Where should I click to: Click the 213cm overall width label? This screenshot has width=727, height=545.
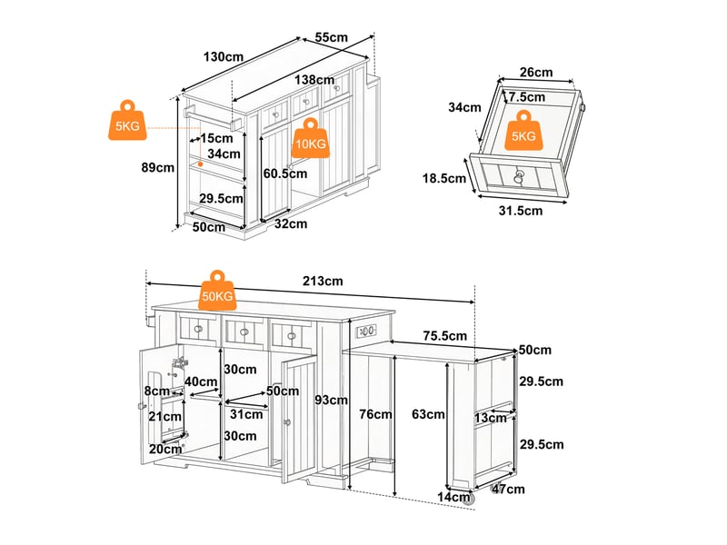point(323,281)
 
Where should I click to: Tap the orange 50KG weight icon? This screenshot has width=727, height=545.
point(217,291)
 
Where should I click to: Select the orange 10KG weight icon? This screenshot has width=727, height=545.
point(311,138)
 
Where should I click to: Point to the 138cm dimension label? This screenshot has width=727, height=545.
point(314,80)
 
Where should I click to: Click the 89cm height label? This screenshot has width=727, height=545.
point(157,167)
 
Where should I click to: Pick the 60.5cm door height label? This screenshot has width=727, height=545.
point(285,173)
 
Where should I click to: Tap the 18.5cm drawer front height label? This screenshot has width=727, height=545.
point(443,178)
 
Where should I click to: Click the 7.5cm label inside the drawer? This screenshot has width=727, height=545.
point(527,97)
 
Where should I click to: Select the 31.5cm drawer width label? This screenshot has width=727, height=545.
point(520,211)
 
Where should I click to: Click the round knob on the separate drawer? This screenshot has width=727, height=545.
point(518,174)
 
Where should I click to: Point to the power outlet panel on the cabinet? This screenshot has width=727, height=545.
point(366,332)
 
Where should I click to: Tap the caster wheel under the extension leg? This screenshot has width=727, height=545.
point(468,498)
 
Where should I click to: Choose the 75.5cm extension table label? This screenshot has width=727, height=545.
point(444,335)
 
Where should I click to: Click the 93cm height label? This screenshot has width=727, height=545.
point(331,400)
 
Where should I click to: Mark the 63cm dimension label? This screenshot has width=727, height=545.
point(428,414)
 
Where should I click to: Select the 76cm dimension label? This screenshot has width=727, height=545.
point(375,414)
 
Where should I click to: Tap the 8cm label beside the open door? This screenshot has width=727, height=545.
point(156,391)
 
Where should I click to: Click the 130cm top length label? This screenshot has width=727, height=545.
point(223,57)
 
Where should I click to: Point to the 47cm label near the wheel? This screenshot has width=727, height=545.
point(508,489)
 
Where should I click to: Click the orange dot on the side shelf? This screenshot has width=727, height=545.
point(200,164)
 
